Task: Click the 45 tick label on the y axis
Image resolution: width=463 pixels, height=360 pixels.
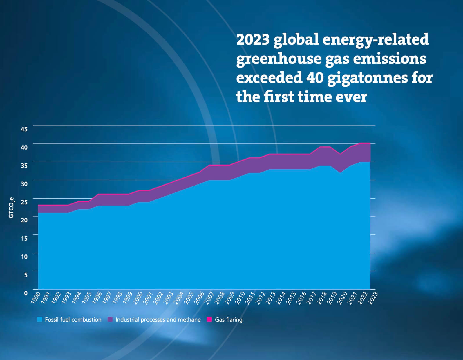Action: (24, 129)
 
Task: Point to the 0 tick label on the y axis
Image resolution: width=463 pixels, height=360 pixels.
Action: (26, 293)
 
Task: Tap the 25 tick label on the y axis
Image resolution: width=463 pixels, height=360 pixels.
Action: (24, 202)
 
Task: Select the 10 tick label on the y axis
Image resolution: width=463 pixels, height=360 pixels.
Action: (24, 257)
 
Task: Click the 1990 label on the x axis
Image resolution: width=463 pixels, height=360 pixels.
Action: (36, 298)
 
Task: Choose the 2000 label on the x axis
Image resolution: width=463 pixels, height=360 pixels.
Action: (138, 298)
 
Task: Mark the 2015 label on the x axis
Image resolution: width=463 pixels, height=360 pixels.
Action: (291, 298)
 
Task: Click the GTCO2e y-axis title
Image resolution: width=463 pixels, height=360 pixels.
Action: (11, 208)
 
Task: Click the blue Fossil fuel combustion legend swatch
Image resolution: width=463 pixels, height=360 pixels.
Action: (40, 319)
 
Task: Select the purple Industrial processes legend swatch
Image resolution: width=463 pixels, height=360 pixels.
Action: (110, 319)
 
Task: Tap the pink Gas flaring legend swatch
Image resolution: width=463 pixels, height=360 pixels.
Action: (209, 319)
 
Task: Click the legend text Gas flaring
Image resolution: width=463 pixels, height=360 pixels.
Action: (229, 319)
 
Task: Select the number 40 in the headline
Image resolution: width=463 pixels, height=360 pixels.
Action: (315, 78)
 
